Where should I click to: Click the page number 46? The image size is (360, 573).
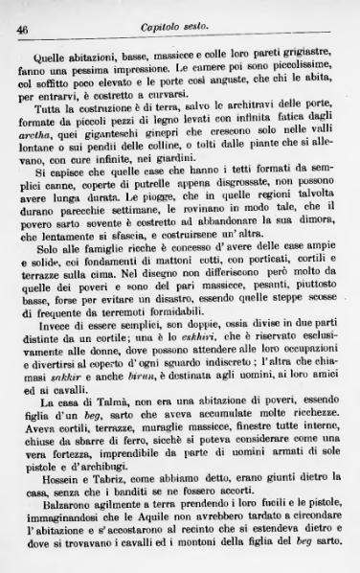click(x=20, y=31)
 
